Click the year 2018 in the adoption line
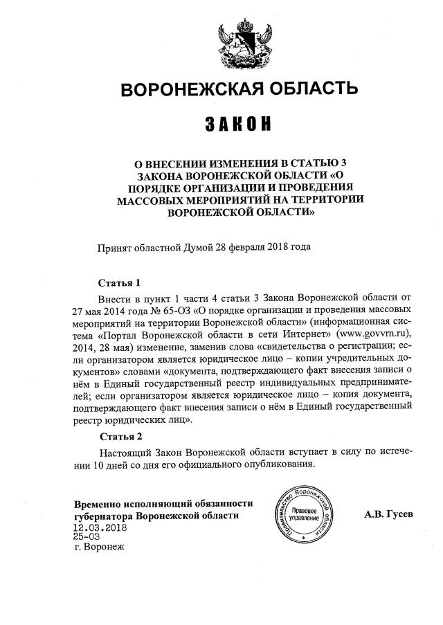tap(272, 246)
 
